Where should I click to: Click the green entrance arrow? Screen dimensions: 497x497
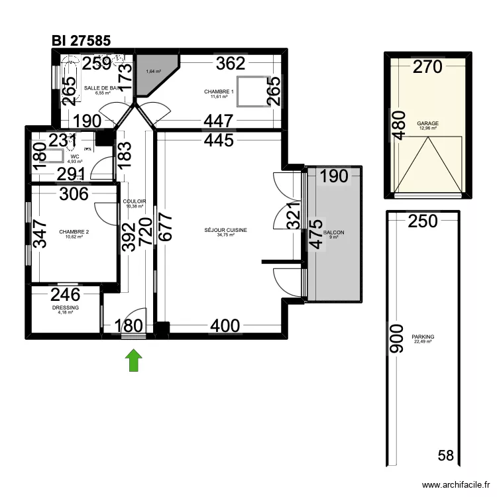134,360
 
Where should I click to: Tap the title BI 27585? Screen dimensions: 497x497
81,40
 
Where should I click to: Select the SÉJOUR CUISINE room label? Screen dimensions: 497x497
226,231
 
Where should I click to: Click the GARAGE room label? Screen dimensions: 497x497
427,123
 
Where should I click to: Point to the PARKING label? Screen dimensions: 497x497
423,337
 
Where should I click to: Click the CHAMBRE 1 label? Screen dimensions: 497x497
219,92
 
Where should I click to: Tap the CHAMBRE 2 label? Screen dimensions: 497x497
74,232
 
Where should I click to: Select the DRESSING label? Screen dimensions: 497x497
66,308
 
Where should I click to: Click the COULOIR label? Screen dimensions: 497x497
134,203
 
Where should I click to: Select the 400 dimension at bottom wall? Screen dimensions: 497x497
225,326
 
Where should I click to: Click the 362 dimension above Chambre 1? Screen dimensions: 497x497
231,64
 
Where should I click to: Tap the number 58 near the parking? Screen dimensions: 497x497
446,455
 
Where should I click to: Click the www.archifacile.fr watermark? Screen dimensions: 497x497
455,484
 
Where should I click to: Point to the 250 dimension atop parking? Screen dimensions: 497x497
423,221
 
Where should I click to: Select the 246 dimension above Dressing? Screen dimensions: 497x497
66,295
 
